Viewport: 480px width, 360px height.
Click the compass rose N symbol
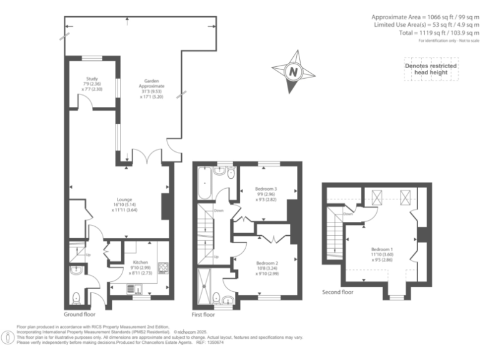pos(292,71)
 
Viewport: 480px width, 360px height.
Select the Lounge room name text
pos(121,199)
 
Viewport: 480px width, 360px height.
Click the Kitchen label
pos(140,262)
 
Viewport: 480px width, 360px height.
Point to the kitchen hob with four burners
pos(164,269)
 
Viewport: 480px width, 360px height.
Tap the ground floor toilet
pos(76,297)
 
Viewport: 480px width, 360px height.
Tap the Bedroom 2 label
pos(266,263)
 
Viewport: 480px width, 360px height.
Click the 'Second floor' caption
pos(337,292)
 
